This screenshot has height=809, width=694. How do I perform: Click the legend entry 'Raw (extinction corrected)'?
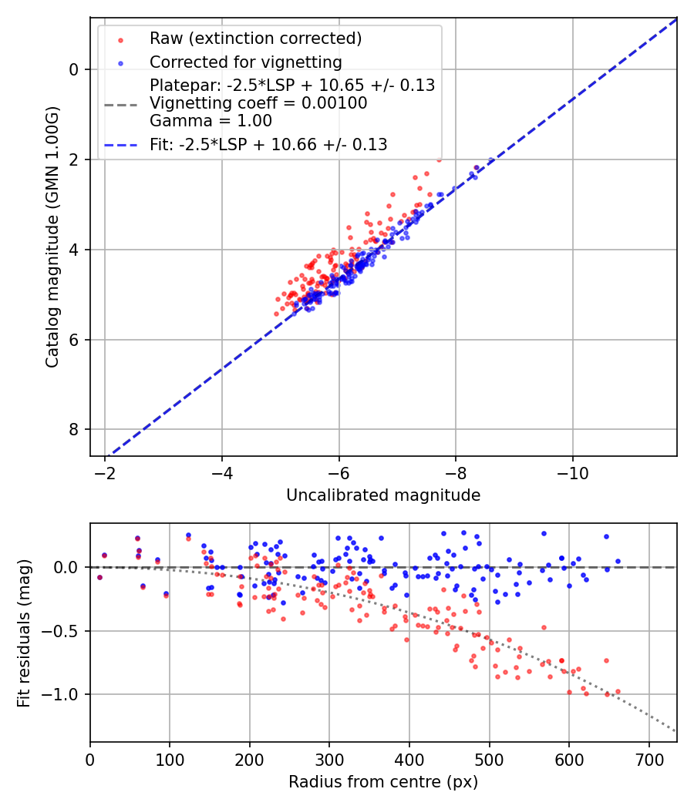(x=255, y=39)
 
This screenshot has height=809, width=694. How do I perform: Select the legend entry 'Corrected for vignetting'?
(x=245, y=62)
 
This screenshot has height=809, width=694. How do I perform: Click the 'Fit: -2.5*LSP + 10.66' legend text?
(x=268, y=144)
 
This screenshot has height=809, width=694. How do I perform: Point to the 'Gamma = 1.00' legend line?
(x=211, y=120)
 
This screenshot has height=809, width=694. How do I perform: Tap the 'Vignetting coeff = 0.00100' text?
(x=258, y=103)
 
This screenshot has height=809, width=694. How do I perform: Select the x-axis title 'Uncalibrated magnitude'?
(x=383, y=495)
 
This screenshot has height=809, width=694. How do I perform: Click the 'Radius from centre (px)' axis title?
(x=383, y=782)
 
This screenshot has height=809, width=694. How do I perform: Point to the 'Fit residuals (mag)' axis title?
(x=24, y=633)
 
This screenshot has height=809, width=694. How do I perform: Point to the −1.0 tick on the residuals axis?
(x=64, y=694)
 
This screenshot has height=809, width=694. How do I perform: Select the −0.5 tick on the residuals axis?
(x=64, y=631)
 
